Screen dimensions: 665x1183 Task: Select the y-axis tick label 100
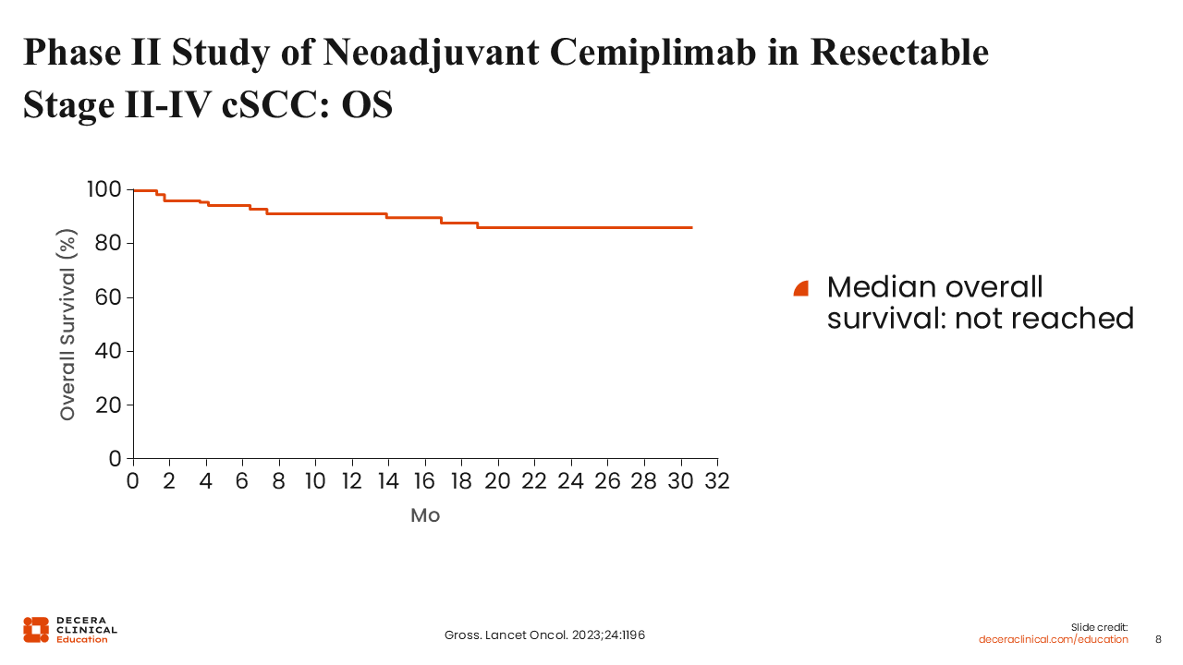click(x=104, y=189)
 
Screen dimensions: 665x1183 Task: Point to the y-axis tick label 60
click(x=109, y=297)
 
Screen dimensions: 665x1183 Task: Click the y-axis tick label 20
click(x=109, y=405)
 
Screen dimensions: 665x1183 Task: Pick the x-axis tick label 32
click(x=717, y=481)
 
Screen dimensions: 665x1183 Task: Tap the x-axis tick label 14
click(x=388, y=481)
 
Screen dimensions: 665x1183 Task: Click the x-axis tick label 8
click(x=279, y=481)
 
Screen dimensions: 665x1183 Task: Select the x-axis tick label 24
click(x=571, y=481)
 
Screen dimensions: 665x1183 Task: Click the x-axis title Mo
click(x=425, y=515)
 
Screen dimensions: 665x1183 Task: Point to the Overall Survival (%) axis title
click(x=67, y=325)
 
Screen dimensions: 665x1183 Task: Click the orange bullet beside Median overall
click(x=801, y=288)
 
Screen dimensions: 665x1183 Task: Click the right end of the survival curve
click(x=691, y=227)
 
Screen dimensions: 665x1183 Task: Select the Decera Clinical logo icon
click(x=37, y=629)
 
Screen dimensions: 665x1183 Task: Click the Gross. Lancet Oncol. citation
click(x=544, y=635)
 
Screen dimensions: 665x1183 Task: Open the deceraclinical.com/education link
click(x=1053, y=639)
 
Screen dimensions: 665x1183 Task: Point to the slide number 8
click(x=1159, y=639)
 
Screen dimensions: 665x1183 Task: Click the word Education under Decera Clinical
click(x=82, y=639)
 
